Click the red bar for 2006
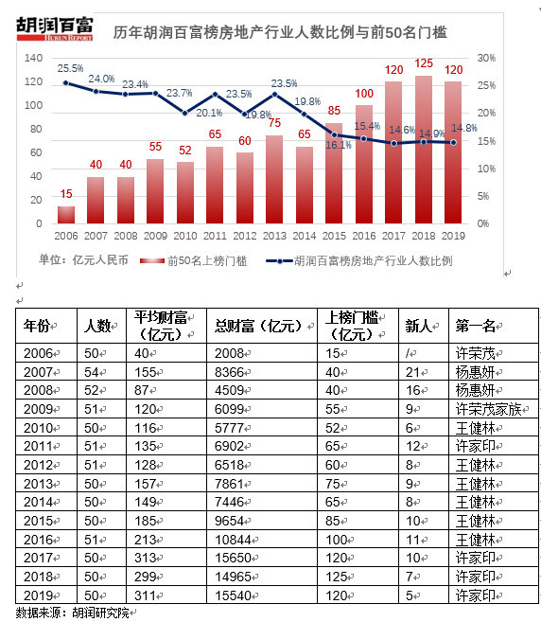(x=66, y=215)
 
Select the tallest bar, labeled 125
(x=424, y=150)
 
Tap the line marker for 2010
(x=185, y=113)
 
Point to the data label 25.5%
(x=70, y=68)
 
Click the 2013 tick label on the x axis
(x=274, y=236)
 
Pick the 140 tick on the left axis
(x=34, y=58)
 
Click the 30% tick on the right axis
(x=486, y=58)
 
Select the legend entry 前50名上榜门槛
(x=194, y=260)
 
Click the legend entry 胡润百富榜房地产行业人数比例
(x=359, y=260)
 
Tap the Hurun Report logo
(x=55, y=28)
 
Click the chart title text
(x=280, y=32)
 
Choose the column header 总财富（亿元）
(x=262, y=326)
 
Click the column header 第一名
(x=476, y=326)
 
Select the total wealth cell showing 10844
(x=233, y=540)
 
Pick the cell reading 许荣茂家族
(x=489, y=409)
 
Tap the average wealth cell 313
(x=145, y=559)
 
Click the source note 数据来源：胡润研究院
(x=73, y=613)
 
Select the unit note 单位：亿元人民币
(x=83, y=260)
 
